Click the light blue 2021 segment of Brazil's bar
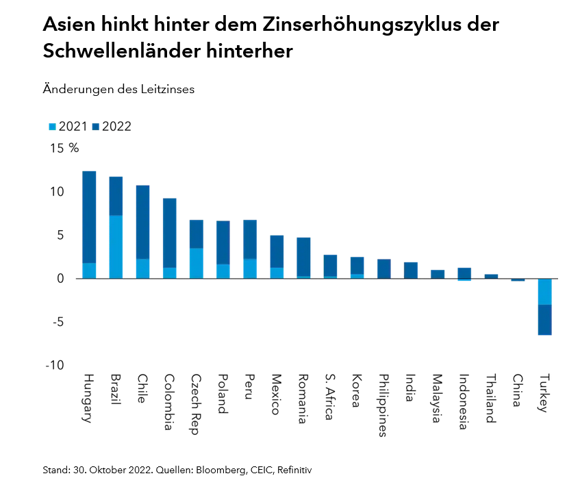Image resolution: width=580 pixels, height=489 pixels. pyautogui.click(x=116, y=247)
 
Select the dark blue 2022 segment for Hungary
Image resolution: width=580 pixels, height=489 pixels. pyautogui.click(x=89, y=216)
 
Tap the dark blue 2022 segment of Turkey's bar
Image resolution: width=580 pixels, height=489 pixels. pyautogui.click(x=545, y=320)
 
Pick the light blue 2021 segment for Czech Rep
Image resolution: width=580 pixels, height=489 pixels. pyautogui.click(x=197, y=263)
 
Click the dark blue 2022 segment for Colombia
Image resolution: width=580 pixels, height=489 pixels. pyautogui.click(x=170, y=233)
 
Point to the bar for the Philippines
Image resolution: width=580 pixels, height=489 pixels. pyautogui.click(x=384, y=269)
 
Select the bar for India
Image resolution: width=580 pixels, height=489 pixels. pyautogui.click(x=411, y=271)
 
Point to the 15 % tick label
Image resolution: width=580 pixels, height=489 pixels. pyautogui.click(x=64, y=148)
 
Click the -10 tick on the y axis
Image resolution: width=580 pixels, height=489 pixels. pyautogui.click(x=55, y=366)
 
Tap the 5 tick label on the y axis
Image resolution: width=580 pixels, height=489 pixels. pyautogui.click(x=60, y=235)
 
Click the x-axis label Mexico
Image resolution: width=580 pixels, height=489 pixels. pyautogui.click(x=276, y=394)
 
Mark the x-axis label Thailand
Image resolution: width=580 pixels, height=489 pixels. pyautogui.click(x=492, y=399)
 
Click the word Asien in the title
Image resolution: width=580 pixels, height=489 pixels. pyautogui.click(x=71, y=25)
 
